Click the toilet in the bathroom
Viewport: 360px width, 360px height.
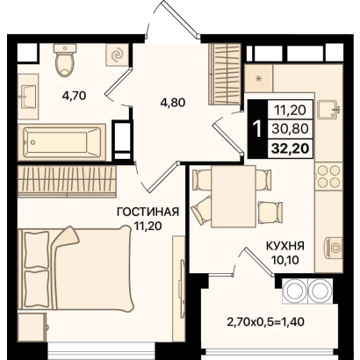click(65, 60)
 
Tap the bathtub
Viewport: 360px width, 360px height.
click(61, 142)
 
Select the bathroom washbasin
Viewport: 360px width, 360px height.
click(28, 97)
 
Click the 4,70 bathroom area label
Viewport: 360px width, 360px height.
click(74, 95)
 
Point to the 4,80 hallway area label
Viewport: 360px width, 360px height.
click(173, 102)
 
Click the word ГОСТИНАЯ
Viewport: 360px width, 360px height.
click(148, 212)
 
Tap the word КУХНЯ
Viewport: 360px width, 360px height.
click(284, 246)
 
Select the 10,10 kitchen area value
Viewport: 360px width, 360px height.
click(285, 259)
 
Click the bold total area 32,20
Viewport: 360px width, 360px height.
click(290, 148)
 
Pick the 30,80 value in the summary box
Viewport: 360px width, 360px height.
click(290, 129)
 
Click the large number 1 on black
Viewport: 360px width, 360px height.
click(257, 129)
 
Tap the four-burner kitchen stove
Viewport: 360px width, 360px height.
click(329, 176)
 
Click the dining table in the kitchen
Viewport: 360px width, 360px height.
click(234, 196)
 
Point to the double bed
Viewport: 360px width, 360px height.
click(75, 269)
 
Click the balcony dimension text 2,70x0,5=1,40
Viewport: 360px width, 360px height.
click(266, 322)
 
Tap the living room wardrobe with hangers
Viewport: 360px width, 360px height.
click(67, 180)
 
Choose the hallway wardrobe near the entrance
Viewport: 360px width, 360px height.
click(225, 75)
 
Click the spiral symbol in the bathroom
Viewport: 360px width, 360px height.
click(117, 54)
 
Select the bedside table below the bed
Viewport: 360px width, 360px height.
click(32, 327)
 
